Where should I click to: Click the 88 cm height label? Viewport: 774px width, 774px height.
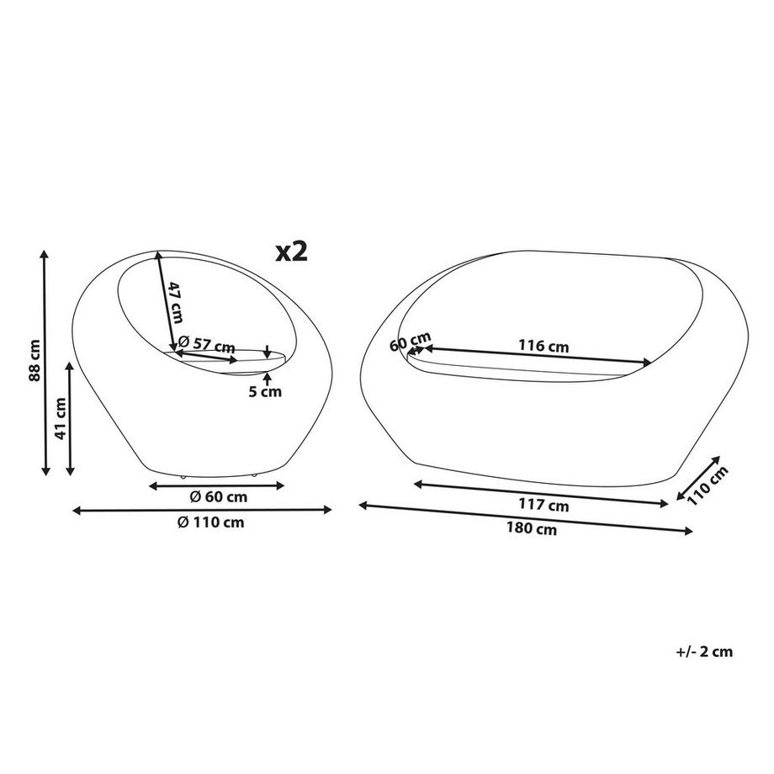coord(34,360)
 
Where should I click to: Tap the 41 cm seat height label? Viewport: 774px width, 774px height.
coord(61,419)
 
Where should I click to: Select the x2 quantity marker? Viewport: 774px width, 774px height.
coord(292,252)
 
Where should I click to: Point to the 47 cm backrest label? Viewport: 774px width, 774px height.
coord(176,302)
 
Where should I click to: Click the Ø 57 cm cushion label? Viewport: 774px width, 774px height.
coord(206,342)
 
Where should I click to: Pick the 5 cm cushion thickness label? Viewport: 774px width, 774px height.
coord(264,392)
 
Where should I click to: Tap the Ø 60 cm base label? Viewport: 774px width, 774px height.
coord(219,497)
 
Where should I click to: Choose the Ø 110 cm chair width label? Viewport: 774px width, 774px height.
coord(211,522)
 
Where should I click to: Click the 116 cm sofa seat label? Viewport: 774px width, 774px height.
coord(543,346)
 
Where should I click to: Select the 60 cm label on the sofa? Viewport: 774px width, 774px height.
coord(411,341)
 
